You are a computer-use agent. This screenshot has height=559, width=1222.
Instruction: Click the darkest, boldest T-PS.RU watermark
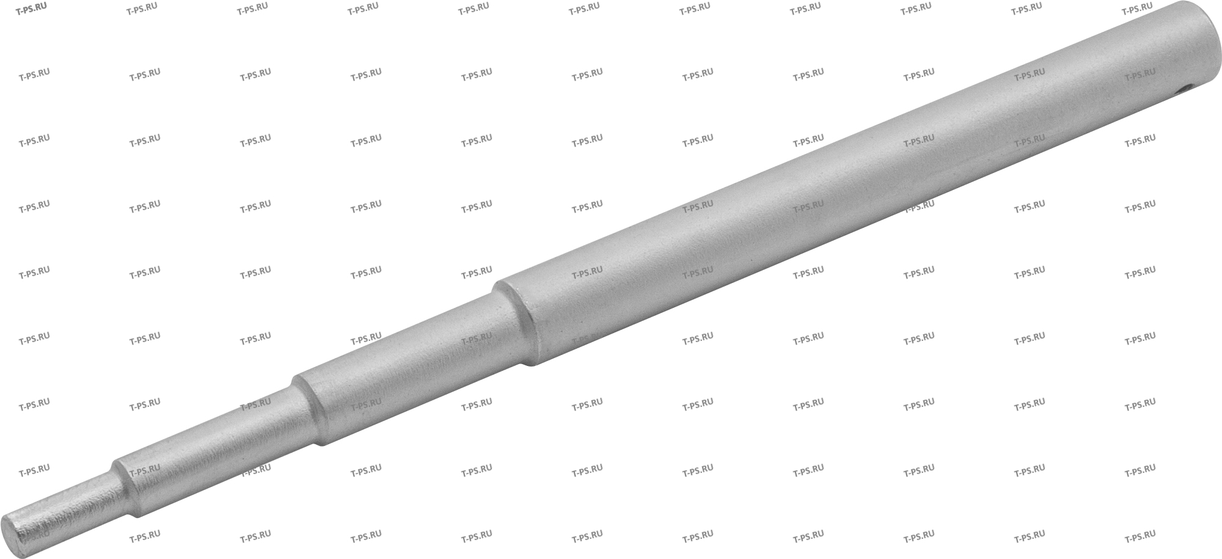(x=32, y=7)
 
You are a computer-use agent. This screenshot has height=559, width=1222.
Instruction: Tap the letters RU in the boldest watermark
(x=41, y=6)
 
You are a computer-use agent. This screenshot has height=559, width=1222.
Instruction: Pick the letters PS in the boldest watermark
(x=29, y=8)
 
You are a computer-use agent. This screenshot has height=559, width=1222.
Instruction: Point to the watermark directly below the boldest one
(x=34, y=73)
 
